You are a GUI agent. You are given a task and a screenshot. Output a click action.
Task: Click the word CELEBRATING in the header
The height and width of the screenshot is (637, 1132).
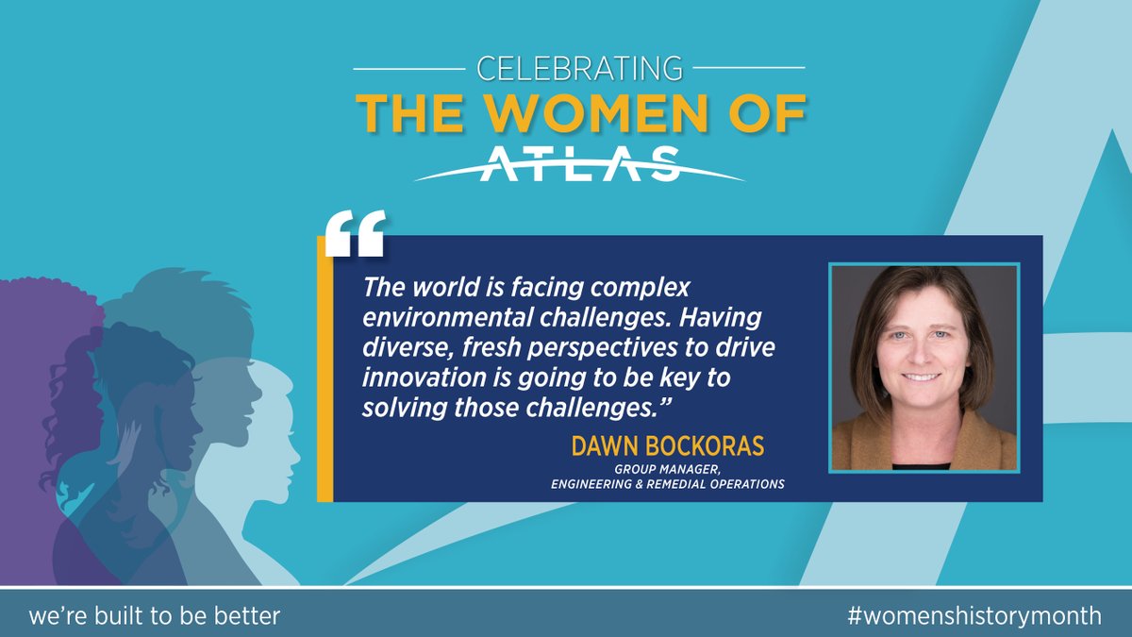tap(579, 68)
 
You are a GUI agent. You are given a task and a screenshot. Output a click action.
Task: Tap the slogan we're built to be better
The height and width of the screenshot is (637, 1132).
tap(155, 615)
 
